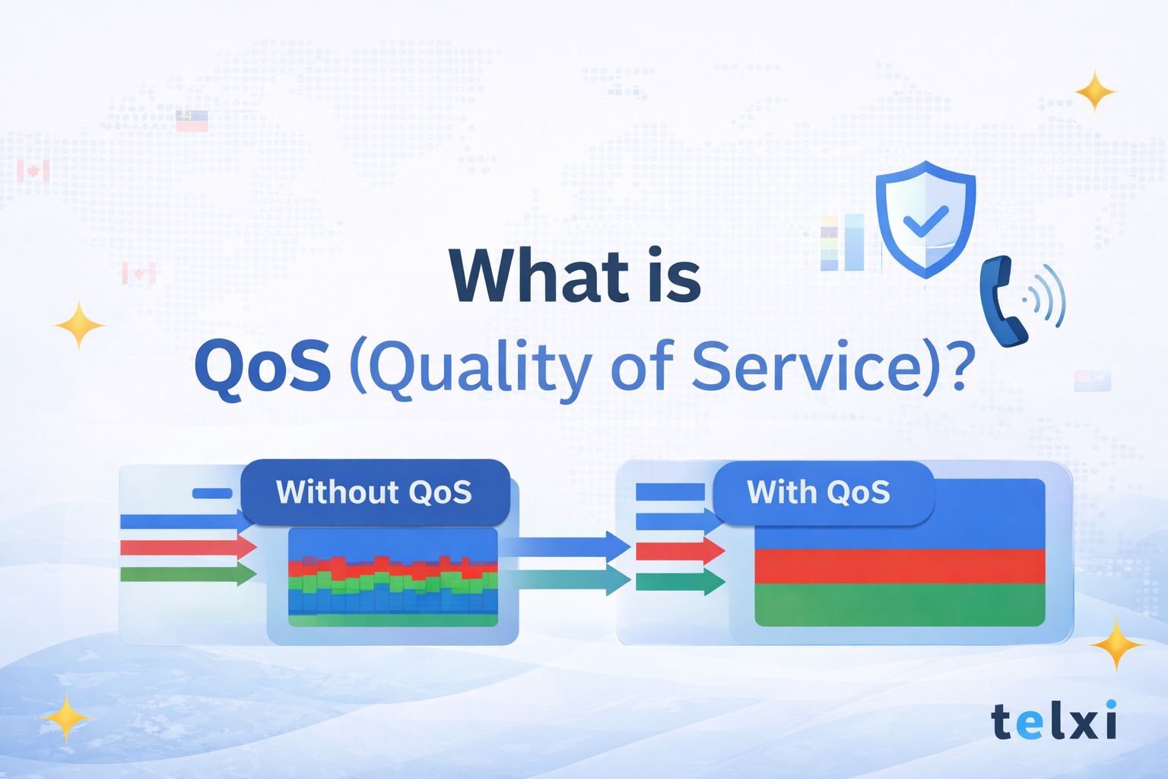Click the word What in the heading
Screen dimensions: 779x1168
tap(538, 275)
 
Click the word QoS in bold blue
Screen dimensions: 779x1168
tap(262, 367)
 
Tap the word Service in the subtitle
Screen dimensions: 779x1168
tap(806, 367)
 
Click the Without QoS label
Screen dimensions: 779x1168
tap(374, 492)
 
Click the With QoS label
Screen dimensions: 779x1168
tap(818, 492)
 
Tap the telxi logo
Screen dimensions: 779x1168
tap(1054, 720)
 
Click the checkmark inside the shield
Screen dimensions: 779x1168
tap(925, 221)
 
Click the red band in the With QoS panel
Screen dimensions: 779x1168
tap(900, 566)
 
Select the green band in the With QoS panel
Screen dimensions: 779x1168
tap(900, 606)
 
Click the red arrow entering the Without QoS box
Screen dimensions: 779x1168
tap(189, 547)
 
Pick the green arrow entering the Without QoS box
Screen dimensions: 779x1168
tap(189, 574)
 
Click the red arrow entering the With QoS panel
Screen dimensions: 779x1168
tap(679, 550)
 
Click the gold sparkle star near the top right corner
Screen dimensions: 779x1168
tap(1095, 92)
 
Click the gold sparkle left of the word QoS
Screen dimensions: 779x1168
tap(79, 326)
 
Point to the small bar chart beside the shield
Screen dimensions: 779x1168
tap(842, 242)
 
